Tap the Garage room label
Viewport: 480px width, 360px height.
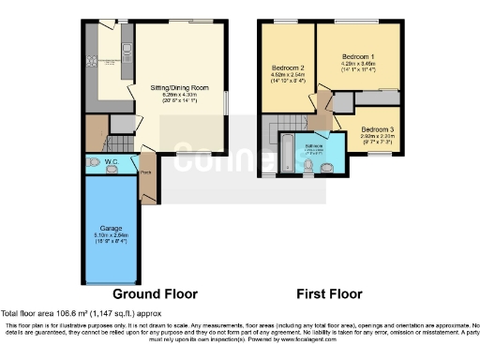pyautogui.click(x=111, y=227)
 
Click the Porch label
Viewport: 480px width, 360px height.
pyautogui.click(x=146, y=172)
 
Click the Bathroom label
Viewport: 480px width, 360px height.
pyautogui.click(x=313, y=146)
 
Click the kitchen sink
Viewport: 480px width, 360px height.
pyautogui.click(x=124, y=47)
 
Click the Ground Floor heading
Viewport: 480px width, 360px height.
pyautogui.click(x=155, y=293)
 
